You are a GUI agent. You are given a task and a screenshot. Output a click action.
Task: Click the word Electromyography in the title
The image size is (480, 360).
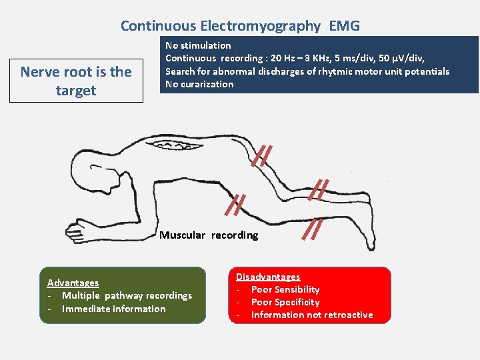[261, 26]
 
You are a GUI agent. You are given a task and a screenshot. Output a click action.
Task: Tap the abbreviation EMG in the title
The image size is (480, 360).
[344, 26]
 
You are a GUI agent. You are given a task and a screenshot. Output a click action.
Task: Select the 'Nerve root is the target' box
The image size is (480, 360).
[76, 81]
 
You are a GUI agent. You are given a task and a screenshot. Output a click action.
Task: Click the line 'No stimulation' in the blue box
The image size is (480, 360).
[198, 45]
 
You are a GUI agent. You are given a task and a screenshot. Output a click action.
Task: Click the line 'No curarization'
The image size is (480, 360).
[199, 84]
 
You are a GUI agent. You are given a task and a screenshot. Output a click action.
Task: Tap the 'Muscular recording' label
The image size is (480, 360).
[208, 235]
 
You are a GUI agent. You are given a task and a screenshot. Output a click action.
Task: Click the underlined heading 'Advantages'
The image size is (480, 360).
[73, 283]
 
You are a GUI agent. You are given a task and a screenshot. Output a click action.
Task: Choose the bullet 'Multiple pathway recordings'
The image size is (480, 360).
[127, 295]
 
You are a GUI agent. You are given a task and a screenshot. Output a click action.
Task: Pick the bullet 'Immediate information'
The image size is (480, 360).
[113, 309]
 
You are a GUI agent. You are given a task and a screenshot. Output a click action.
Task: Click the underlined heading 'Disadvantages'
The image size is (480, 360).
[268, 277]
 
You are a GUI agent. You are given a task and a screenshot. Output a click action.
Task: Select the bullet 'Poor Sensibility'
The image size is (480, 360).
[285, 289]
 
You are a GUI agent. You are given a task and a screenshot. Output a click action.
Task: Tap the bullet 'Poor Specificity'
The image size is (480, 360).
[285, 302]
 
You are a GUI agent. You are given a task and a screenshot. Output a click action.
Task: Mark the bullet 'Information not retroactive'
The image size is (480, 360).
[311, 315]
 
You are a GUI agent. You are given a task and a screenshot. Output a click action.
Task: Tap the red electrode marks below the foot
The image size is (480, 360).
[312, 229]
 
